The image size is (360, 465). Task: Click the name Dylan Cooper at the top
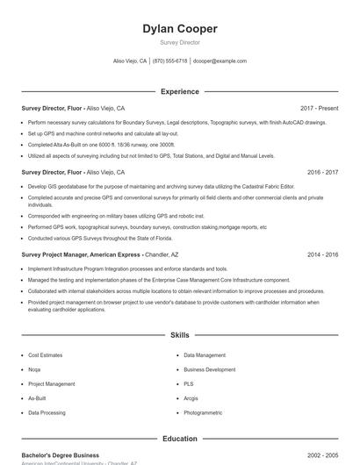(180, 29)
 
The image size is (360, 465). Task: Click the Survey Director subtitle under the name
(180, 42)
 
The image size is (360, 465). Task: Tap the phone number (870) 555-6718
(169, 61)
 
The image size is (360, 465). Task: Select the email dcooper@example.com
(220, 61)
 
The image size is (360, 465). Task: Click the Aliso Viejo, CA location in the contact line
(130, 61)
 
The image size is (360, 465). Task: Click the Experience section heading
(180, 91)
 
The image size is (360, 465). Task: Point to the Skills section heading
(180, 335)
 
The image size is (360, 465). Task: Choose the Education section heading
(180, 438)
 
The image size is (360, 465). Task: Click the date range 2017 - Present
(319, 108)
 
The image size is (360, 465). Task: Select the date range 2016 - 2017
(322, 172)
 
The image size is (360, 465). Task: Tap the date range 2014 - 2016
(322, 254)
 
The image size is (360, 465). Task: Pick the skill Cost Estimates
(45, 355)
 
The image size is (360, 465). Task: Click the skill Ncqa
(34, 369)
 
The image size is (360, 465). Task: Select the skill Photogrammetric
(203, 411)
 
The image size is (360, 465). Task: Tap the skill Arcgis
(191, 397)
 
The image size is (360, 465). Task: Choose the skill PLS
(188, 383)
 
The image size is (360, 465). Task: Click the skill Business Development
(209, 369)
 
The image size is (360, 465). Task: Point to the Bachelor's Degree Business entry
(61, 455)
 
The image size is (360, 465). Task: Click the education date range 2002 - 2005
(322, 455)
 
